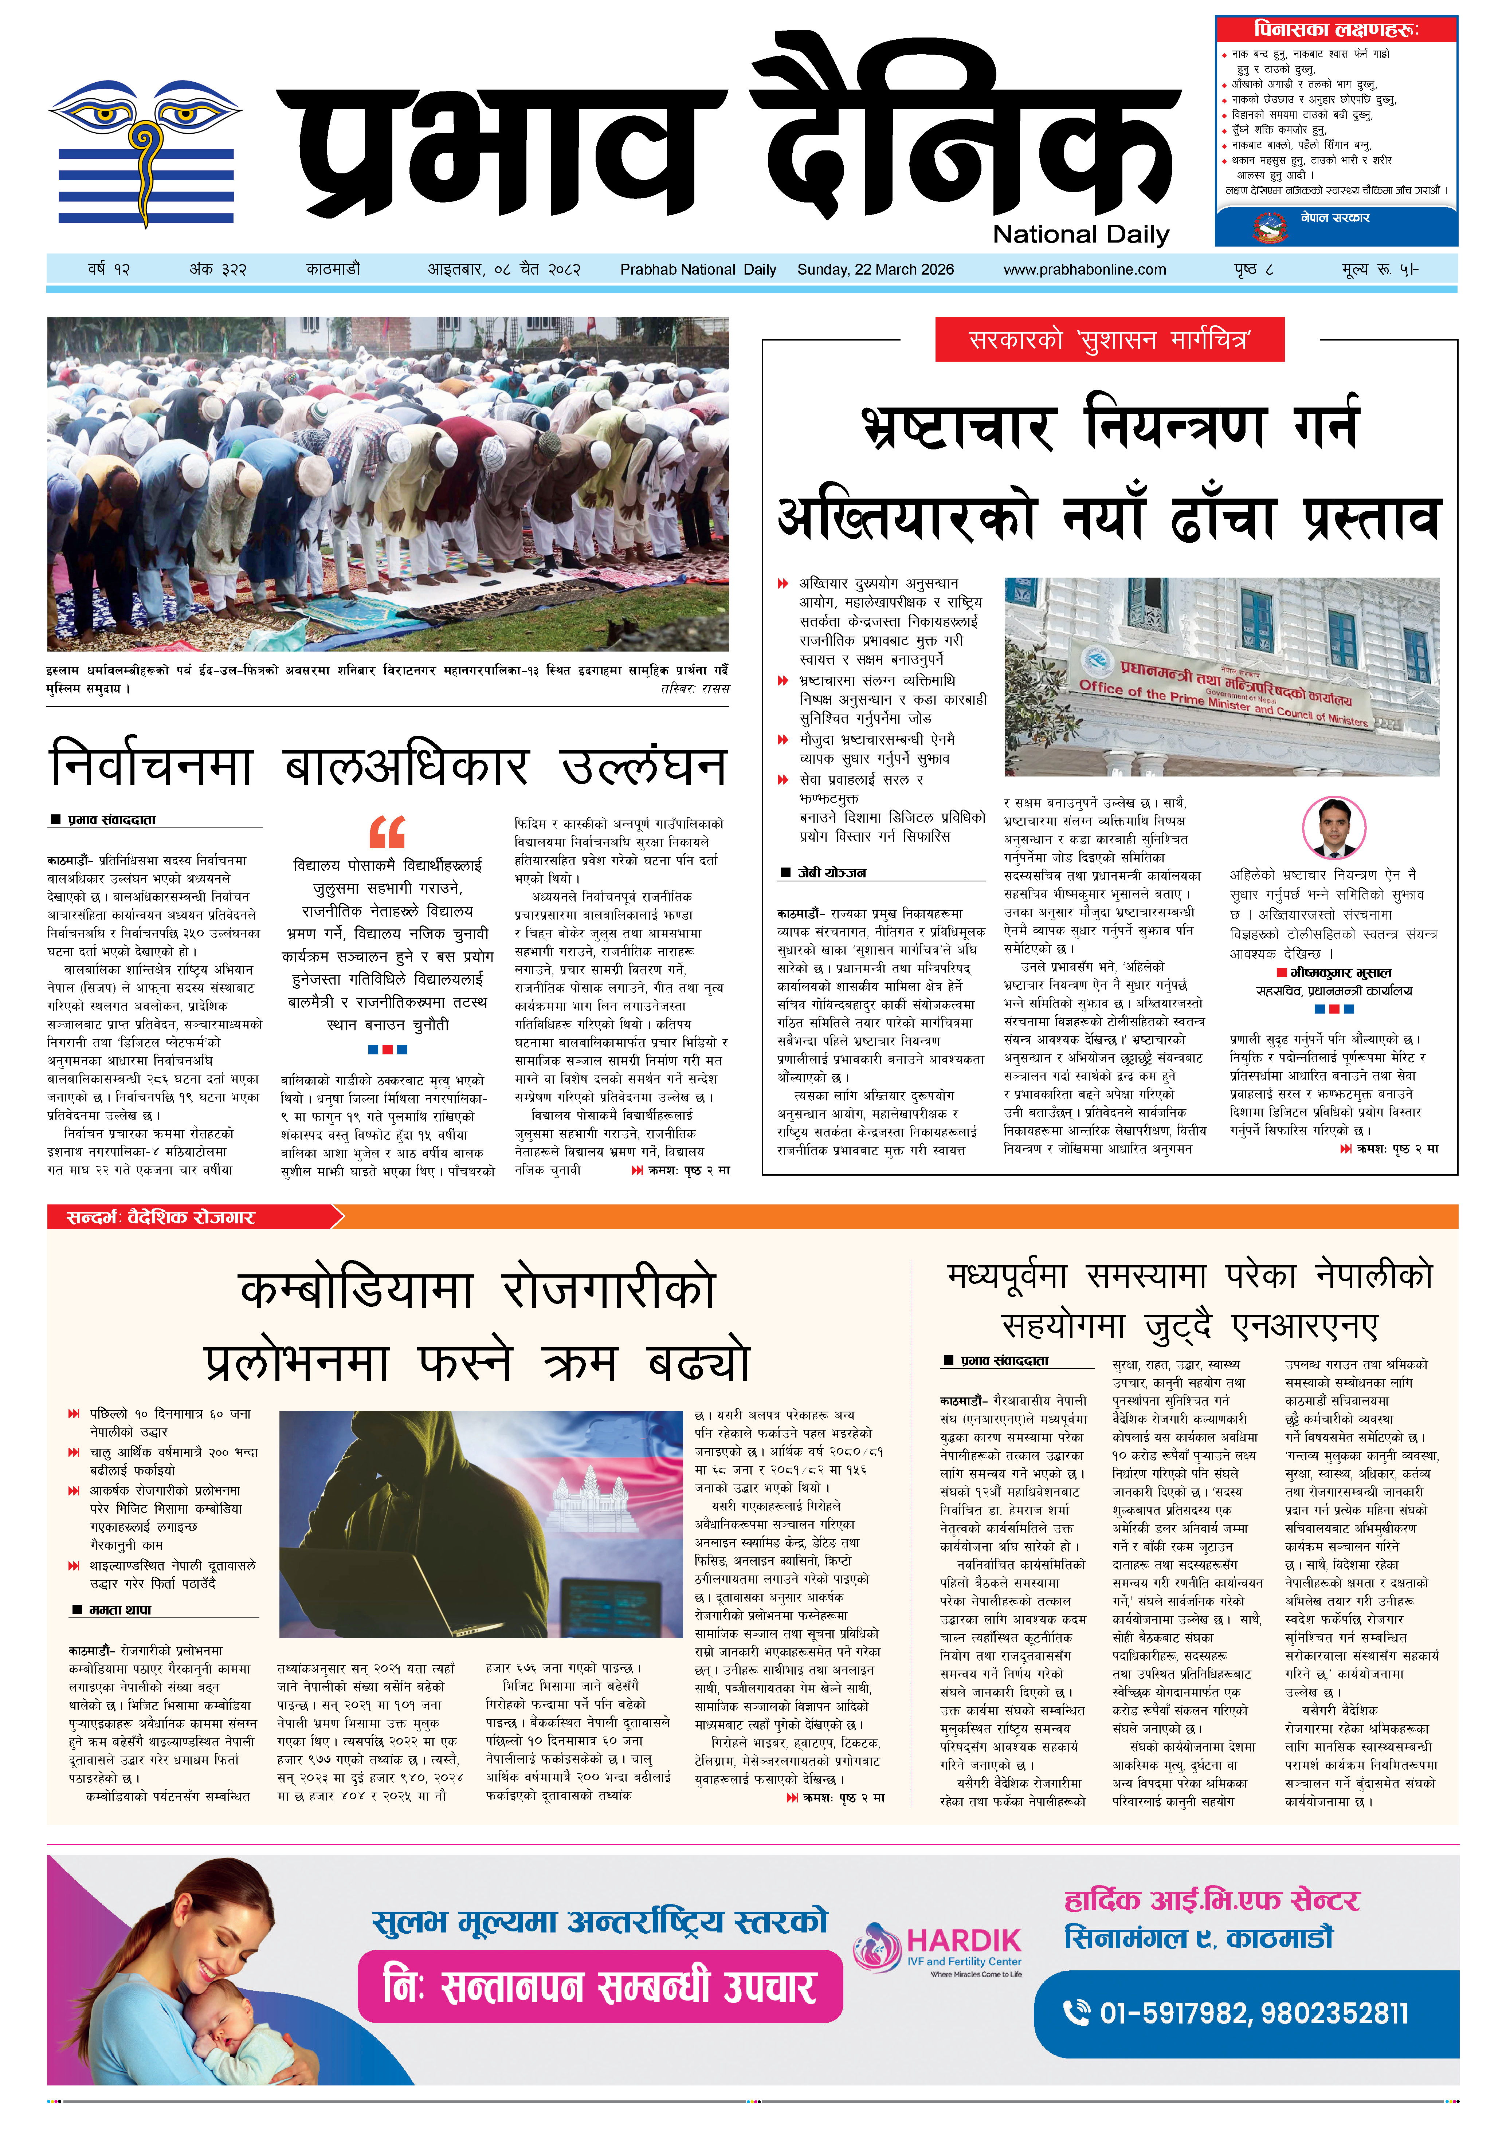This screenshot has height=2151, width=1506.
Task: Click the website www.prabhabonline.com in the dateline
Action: pos(1084,270)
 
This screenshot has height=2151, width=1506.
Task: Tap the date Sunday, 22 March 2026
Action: pos(875,270)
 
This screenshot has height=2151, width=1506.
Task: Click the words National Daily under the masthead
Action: pos(1081,234)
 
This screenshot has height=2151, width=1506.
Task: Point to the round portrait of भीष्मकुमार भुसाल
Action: pos(1334,827)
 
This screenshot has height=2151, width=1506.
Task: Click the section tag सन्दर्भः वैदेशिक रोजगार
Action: pos(161,1217)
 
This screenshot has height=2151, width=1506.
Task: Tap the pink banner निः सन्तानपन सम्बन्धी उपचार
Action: pos(600,1986)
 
